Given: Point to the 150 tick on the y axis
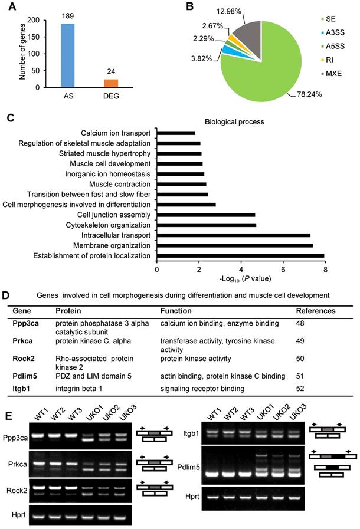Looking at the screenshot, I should pyautogui.click(x=43, y=37).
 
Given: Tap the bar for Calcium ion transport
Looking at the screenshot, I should pyautogui.click(x=176, y=133).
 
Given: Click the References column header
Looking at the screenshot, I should pyautogui.click(x=316, y=310).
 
